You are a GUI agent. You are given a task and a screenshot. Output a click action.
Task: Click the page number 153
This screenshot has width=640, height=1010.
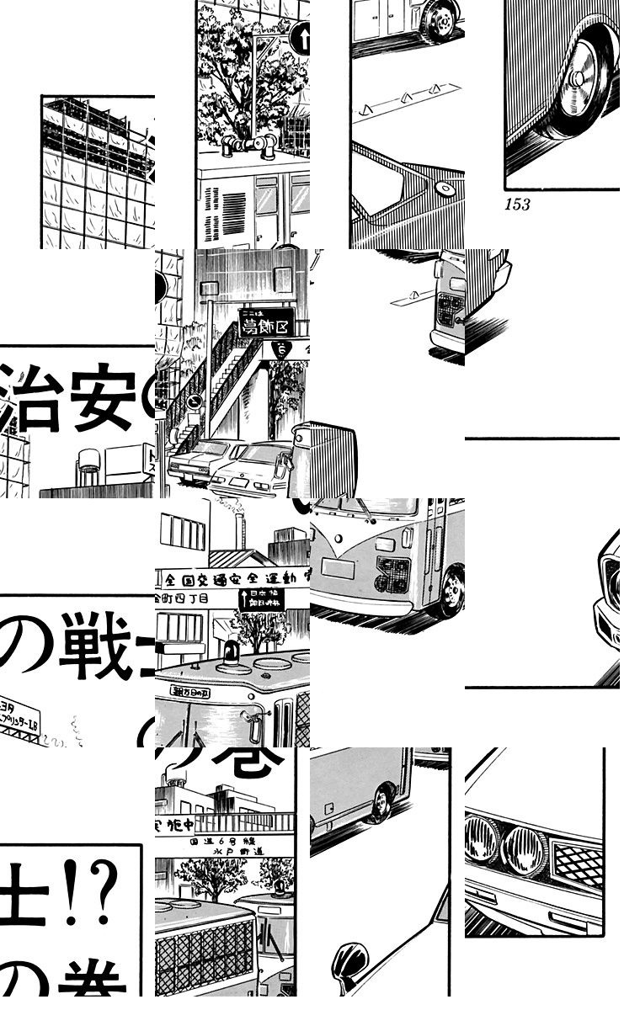[x=517, y=205]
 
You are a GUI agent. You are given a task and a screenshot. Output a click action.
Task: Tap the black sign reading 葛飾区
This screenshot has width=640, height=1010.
[x=266, y=322]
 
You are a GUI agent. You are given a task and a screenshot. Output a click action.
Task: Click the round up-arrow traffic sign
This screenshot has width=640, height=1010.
[x=301, y=39]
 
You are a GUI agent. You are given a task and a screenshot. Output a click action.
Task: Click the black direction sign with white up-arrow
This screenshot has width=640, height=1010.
[x=261, y=599]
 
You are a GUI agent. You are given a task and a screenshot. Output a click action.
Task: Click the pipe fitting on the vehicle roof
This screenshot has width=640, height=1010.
[x=248, y=146]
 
